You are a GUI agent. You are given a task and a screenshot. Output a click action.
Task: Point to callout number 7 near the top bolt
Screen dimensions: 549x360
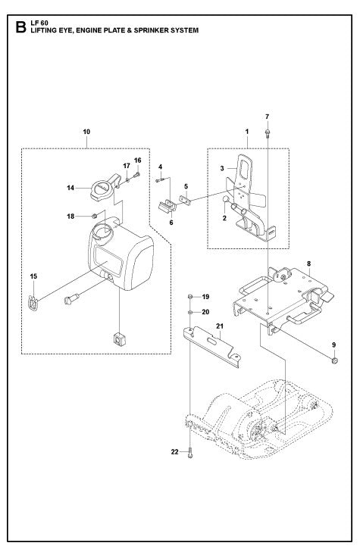click(268, 117)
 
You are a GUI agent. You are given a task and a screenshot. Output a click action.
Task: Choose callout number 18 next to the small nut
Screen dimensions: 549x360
click(70, 217)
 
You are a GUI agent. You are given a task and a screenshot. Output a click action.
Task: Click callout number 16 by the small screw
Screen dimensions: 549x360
click(138, 160)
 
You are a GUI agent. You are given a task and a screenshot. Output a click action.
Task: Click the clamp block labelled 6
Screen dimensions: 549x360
click(165, 205)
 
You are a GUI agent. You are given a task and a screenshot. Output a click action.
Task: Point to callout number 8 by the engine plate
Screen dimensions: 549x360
click(308, 264)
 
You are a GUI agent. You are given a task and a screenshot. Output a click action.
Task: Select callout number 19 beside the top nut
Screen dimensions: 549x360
click(205, 298)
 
